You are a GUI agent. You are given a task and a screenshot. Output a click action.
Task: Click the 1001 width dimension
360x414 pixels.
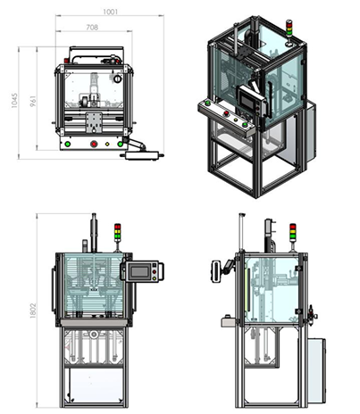click(x=111, y=12)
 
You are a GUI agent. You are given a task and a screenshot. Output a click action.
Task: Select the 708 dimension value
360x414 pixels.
click(x=92, y=28)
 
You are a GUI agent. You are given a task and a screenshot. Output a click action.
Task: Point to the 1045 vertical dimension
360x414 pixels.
click(x=14, y=101)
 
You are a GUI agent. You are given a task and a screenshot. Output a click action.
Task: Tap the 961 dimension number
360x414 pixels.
click(x=33, y=101)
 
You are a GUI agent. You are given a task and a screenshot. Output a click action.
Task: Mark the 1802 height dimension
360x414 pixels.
click(x=33, y=310)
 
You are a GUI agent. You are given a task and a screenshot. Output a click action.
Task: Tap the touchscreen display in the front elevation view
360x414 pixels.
click(x=139, y=271)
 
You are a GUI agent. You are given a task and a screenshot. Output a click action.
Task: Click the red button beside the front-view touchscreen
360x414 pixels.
click(x=155, y=271)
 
